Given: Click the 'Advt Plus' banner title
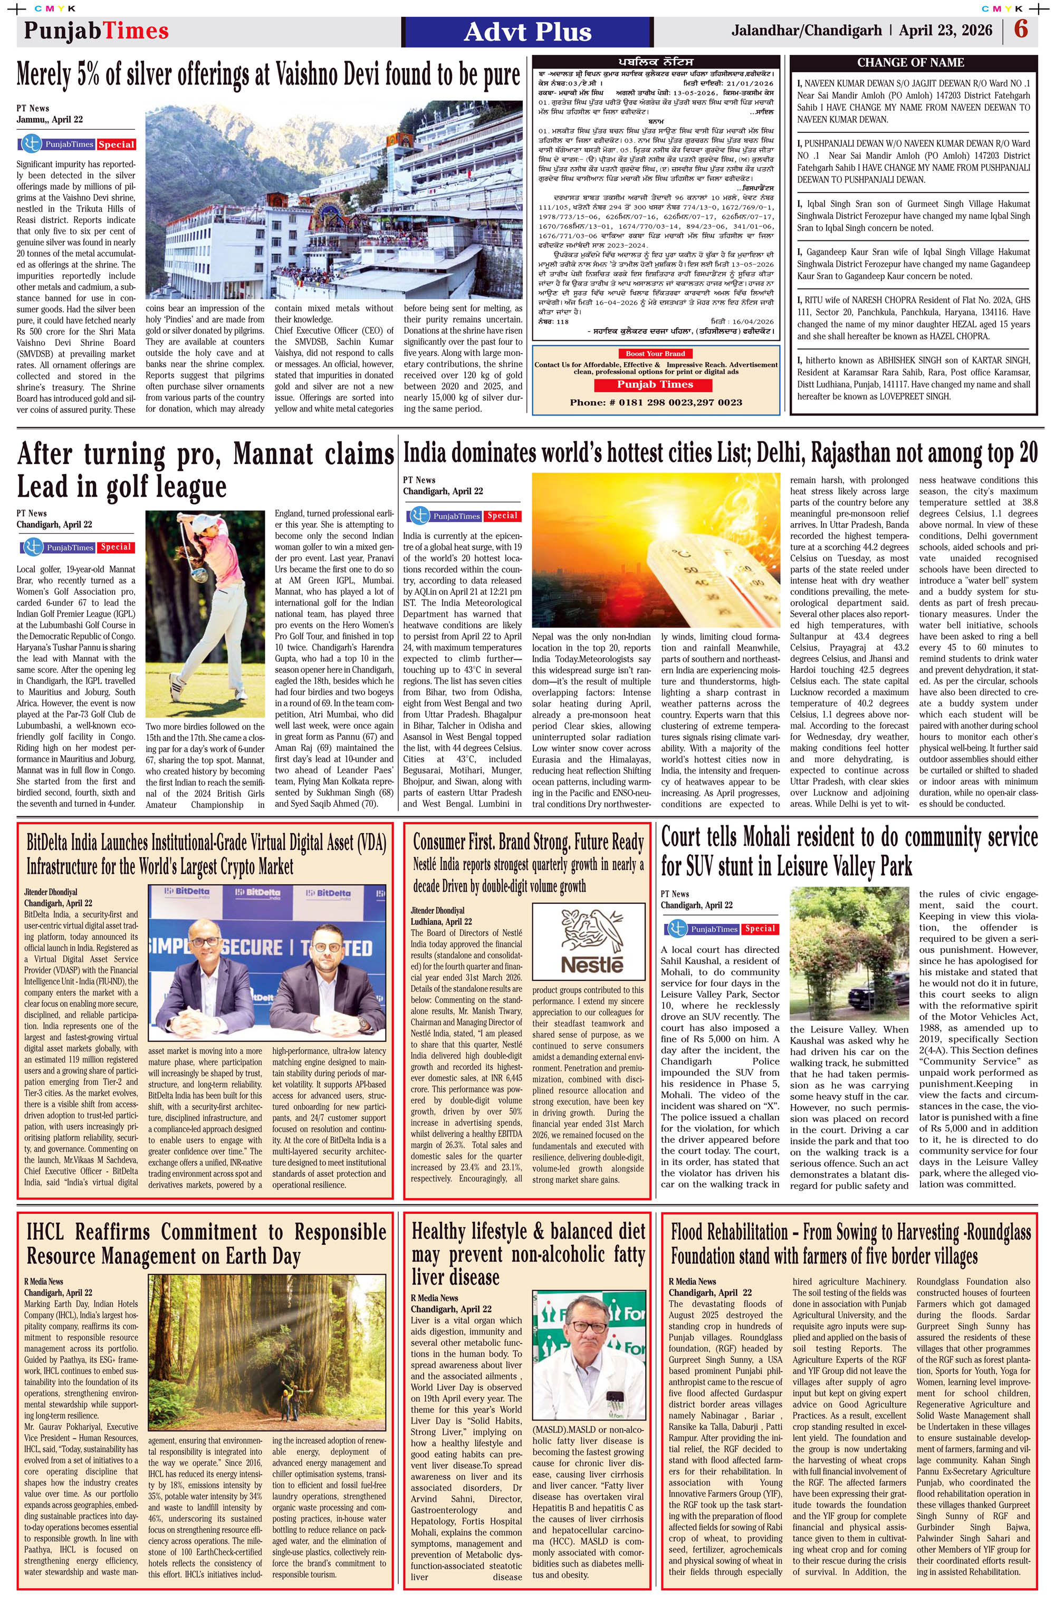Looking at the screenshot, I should point(527,32).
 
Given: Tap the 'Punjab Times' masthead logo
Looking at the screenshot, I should point(97,31).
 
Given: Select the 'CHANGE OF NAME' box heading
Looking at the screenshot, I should point(910,62).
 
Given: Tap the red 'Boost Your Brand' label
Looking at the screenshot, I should point(655,353).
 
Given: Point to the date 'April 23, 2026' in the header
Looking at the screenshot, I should point(946,31).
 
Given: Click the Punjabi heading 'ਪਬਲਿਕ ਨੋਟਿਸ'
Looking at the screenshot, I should point(655,62).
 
